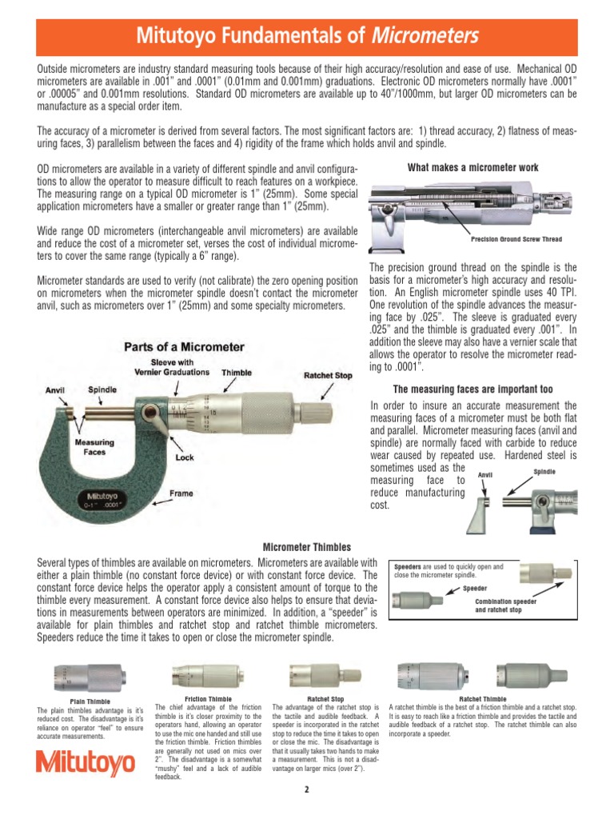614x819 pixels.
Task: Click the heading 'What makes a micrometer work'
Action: coord(472,167)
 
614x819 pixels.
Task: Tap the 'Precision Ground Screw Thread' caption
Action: coord(516,239)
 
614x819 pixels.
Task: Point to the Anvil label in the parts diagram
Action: coord(55,390)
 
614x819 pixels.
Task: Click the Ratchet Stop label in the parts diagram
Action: coord(329,375)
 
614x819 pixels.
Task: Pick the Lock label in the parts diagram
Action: coord(185,458)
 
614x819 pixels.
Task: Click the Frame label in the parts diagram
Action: coord(181,493)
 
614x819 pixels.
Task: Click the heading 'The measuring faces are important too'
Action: coord(472,390)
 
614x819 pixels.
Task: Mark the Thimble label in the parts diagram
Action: coord(237,373)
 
